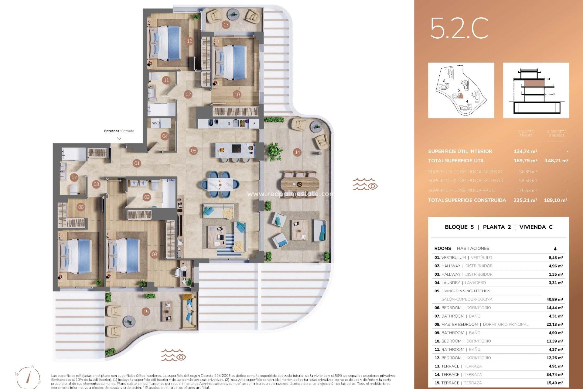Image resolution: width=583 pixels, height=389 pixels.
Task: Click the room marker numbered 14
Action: pyautogui.click(x=297, y=152)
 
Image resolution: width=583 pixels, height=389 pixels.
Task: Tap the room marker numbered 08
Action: pyautogui.click(x=154, y=254)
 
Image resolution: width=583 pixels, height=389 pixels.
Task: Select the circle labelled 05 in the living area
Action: pyautogui.click(x=193, y=150)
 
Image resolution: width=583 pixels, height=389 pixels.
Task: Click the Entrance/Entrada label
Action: pyautogui.click(x=119, y=131)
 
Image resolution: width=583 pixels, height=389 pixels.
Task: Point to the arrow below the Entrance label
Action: pyautogui.click(x=119, y=138)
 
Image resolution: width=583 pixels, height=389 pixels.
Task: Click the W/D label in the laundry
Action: pyautogui.click(x=156, y=123)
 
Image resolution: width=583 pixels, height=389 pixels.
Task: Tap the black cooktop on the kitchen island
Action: pyautogui.click(x=237, y=149)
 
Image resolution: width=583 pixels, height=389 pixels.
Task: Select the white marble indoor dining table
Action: pyautogui.click(x=220, y=184)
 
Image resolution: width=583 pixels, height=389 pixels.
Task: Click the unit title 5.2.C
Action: pyautogui.click(x=459, y=28)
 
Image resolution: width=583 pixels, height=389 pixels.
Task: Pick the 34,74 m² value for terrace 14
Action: pyautogui.click(x=554, y=375)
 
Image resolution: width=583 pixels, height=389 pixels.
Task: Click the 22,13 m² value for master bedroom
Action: pyautogui.click(x=554, y=324)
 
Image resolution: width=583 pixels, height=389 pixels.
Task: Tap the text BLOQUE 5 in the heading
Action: pyautogui.click(x=459, y=227)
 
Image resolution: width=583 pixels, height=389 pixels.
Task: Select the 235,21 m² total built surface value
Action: pyautogui.click(x=525, y=200)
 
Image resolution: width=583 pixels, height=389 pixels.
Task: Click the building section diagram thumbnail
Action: pyautogui.click(x=536, y=90)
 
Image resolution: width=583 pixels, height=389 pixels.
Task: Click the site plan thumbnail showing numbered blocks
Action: pyautogui.click(x=461, y=90)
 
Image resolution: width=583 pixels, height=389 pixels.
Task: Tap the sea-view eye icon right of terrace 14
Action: pyautogui.click(x=365, y=184)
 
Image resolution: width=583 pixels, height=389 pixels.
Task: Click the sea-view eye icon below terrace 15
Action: pyautogui.click(x=173, y=355)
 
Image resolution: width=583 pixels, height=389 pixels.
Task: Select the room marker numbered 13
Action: pyautogui.click(x=226, y=25)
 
